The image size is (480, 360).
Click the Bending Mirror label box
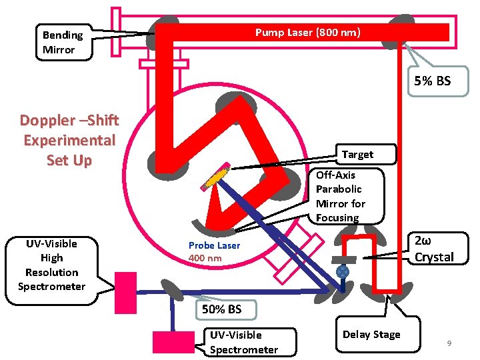[63, 43]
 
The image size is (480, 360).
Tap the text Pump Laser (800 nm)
[308, 32]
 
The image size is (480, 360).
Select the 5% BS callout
[432, 81]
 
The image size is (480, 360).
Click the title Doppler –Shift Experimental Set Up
[69, 140]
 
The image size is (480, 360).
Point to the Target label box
[357, 154]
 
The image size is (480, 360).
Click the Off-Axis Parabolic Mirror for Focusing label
[341, 196]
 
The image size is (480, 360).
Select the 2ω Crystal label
[433, 249]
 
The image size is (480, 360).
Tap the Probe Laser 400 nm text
[214, 251]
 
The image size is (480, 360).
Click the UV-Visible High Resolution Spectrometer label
[52, 265]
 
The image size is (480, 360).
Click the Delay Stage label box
[371, 335]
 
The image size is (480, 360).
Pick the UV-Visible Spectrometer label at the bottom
[244, 342]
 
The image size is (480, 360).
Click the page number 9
[449, 343]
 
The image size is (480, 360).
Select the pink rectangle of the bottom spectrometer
[173, 341]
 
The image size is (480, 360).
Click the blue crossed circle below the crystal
[342, 272]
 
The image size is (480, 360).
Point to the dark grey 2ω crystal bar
[346, 259]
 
